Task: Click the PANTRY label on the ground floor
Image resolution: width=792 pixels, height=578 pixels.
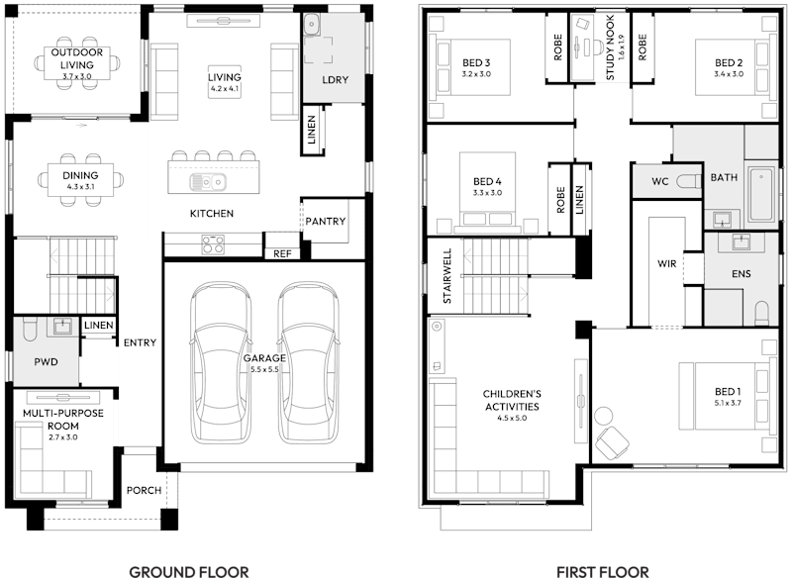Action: point(325,221)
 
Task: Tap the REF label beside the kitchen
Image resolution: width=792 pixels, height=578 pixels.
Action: point(281,254)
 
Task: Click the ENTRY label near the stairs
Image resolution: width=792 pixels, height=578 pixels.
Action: point(140,343)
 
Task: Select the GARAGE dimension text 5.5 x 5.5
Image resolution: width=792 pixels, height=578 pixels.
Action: point(264,369)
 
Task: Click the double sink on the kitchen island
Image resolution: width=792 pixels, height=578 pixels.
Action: point(208,182)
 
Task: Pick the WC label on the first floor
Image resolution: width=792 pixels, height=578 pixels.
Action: point(661,182)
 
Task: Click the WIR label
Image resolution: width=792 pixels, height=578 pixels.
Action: point(666,264)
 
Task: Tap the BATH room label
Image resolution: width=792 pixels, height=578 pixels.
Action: point(724,177)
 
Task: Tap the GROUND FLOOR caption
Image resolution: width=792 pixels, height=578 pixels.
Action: point(189,571)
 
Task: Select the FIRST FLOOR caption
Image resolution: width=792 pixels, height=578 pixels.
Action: point(602,571)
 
